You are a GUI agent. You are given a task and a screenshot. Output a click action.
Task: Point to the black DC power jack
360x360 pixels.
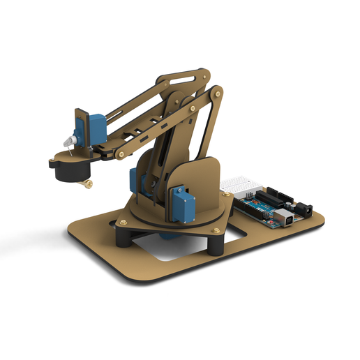click(x=303, y=208)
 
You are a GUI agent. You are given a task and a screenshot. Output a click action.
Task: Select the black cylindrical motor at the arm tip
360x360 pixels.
click(x=70, y=167)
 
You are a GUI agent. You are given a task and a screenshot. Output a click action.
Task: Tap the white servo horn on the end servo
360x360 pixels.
click(x=70, y=142)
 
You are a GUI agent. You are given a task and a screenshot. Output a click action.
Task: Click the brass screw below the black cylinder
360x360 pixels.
click(x=89, y=184)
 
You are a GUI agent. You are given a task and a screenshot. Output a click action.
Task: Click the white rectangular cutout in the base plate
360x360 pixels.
click(x=171, y=248)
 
